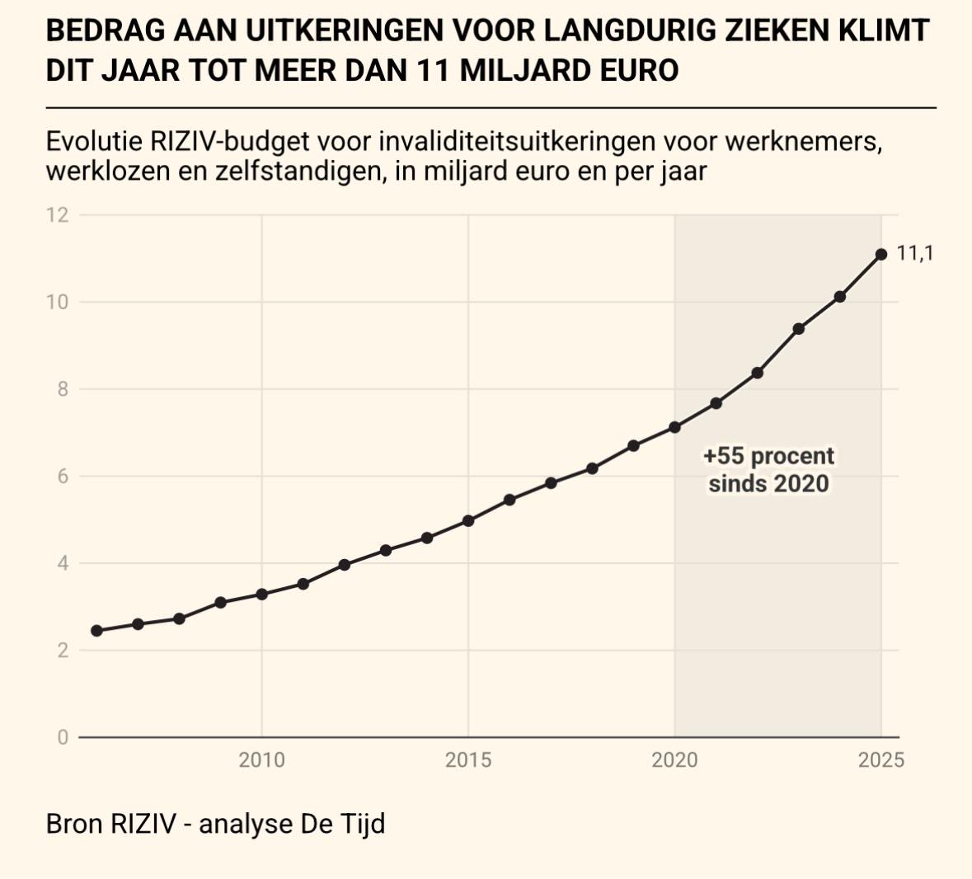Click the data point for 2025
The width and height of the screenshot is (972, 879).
click(880, 255)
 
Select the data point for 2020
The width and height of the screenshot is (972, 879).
click(674, 427)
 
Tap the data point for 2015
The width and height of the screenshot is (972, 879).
click(468, 521)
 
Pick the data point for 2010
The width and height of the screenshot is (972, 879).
click(261, 594)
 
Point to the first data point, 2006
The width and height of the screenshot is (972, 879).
click(96, 631)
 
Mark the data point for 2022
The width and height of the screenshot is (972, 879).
click(757, 373)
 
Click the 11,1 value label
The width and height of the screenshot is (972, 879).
click(915, 253)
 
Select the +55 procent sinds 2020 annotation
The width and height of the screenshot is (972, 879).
click(768, 469)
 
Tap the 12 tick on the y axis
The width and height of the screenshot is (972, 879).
click(57, 215)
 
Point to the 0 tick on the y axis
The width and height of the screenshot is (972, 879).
click(63, 738)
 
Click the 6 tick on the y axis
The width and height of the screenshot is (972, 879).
click(63, 477)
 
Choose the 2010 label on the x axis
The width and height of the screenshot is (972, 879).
click(261, 760)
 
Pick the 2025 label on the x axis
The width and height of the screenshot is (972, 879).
click(880, 760)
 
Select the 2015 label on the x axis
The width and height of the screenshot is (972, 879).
click(468, 760)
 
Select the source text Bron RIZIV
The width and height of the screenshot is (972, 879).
click(110, 824)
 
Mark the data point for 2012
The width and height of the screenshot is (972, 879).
click(345, 565)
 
